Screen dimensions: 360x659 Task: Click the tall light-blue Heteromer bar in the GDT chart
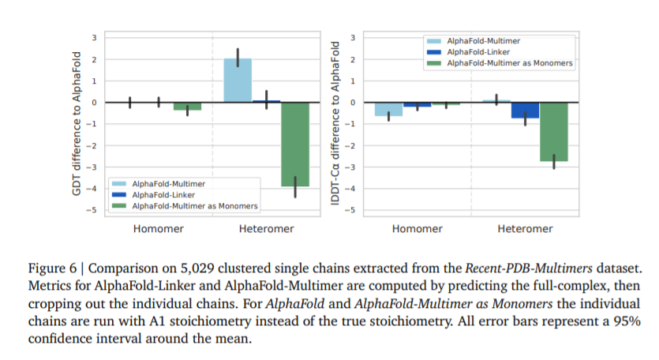click(238, 80)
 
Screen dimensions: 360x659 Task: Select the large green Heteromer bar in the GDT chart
click(295, 144)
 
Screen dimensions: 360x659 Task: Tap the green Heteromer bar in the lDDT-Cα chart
click(554, 132)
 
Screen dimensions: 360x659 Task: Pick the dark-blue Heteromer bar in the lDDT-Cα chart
click(525, 111)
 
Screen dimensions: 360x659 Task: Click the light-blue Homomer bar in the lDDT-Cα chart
click(388, 109)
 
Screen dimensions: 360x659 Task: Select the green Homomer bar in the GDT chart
click(187, 106)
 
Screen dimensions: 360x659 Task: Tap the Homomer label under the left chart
click(159, 229)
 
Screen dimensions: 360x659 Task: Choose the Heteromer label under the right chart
click(525, 229)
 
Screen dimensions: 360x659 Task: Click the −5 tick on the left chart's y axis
click(93, 210)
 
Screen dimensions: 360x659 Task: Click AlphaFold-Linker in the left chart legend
click(164, 193)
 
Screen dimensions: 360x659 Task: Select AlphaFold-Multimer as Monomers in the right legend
click(509, 63)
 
